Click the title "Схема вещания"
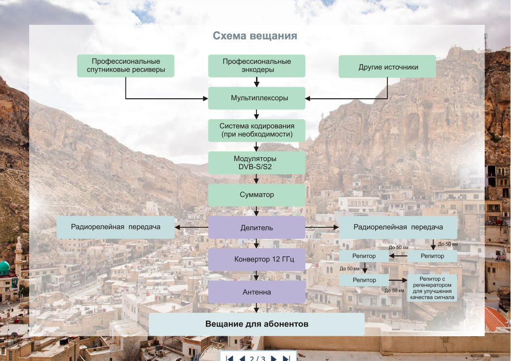(255, 36)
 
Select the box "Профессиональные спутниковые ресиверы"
(126, 66)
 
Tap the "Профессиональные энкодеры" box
(257, 66)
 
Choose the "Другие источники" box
(387, 67)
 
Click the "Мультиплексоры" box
(257, 98)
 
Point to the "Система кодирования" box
(257, 130)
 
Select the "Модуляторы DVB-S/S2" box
(257, 162)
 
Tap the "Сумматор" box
(257, 195)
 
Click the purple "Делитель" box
(257, 227)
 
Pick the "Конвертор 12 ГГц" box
(257, 259)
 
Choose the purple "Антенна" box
(257, 292)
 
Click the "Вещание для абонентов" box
(257, 324)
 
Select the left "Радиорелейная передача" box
(116, 227)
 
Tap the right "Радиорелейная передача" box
(398, 227)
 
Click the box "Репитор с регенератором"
(432, 288)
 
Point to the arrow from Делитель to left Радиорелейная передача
(192, 227)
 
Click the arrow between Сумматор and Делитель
(256, 211)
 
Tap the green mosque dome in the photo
(4, 267)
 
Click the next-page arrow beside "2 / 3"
(274, 358)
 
